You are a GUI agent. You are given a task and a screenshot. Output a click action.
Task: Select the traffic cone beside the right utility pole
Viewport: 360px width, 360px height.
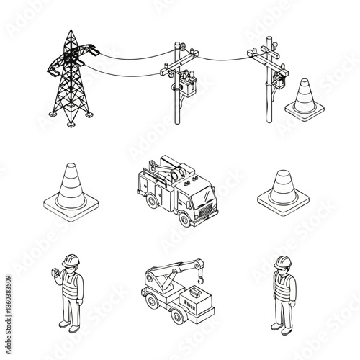click(x=302, y=97)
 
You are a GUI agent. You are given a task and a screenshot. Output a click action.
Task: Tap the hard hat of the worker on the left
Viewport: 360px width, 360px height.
click(x=71, y=260)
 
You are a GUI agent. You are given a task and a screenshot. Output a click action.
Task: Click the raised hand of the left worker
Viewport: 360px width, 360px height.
click(x=53, y=272)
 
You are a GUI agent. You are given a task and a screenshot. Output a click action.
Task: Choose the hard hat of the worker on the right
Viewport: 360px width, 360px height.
click(x=281, y=261)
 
